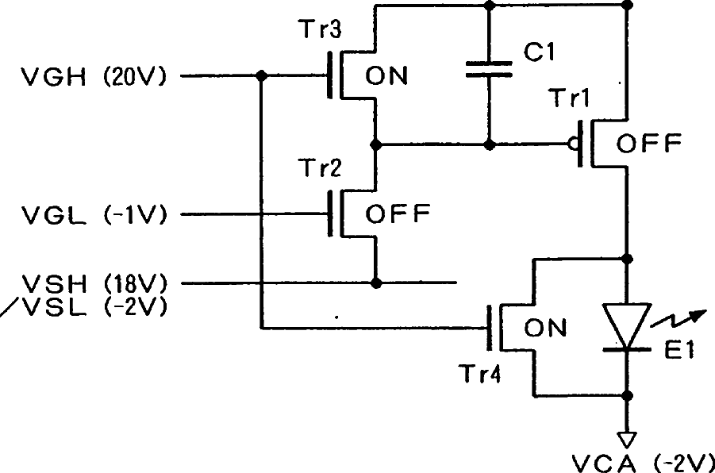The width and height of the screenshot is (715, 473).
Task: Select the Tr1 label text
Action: [570, 98]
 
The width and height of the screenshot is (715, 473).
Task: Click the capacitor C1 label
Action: [540, 52]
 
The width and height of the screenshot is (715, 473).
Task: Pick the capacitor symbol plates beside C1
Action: [489, 69]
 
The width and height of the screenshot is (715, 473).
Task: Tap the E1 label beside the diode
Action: [679, 350]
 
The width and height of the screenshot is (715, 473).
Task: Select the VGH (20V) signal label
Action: [94, 76]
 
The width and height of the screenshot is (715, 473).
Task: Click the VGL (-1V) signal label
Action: [94, 214]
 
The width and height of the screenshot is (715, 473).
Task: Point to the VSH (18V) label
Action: [94, 284]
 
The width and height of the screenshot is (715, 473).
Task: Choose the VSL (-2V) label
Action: [94, 308]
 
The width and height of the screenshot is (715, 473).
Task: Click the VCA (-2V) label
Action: [643, 463]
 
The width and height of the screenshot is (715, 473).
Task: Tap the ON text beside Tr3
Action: [386, 75]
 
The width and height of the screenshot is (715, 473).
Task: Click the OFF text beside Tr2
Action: [398, 213]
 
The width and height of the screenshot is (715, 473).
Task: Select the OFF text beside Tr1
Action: [649, 143]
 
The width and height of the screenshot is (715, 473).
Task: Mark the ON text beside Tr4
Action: [545, 328]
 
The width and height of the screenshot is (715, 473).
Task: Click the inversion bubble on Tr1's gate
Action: [573, 144]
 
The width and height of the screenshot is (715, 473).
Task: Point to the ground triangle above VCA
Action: [627, 440]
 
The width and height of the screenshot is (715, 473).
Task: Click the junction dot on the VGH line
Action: [261, 75]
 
